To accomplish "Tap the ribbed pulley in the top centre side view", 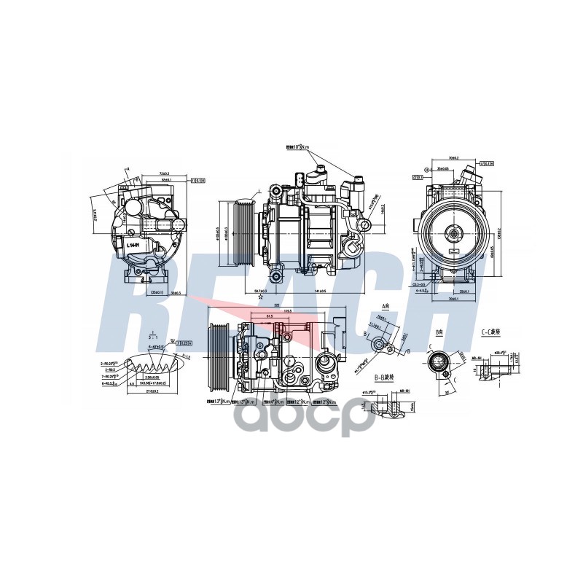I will tap(242, 235).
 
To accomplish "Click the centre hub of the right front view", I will tap(453, 234).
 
